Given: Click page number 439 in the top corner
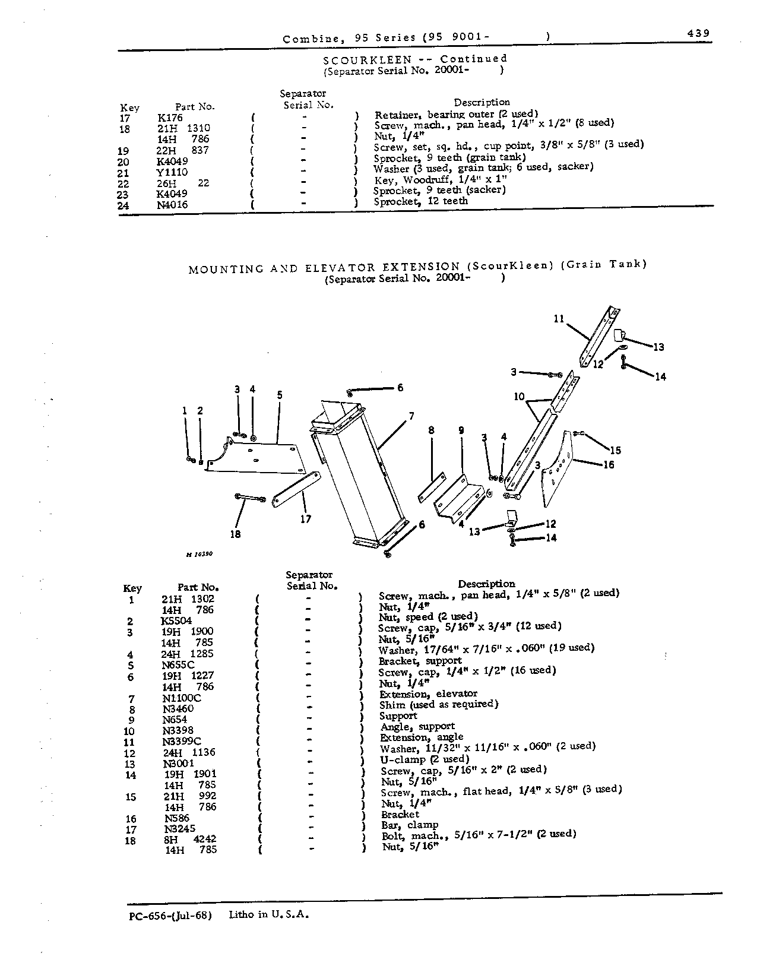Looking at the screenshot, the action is click(x=698, y=33).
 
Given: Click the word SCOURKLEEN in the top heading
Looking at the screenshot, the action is click(x=368, y=60).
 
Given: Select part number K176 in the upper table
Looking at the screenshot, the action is click(x=170, y=118).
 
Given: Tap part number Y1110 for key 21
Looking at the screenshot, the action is click(x=172, y=172).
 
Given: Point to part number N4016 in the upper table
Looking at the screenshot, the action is click(x=172, y=205).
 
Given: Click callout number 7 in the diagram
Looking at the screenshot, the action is click(x=411, y=416).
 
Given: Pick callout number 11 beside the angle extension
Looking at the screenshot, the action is click(x=559, y=319).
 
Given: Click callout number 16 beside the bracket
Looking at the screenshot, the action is click(x=609, y=465).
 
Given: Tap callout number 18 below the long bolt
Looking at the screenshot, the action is click(x=236, y=534).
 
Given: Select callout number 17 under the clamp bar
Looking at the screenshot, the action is click(x=306, y=519).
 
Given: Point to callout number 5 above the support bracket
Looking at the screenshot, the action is click(x=280, y=395).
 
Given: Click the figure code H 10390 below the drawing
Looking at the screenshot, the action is click(x=199, y=555).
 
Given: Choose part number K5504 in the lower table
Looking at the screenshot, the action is click(x=176, y=621).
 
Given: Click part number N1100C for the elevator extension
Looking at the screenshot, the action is click(x=182, y=698).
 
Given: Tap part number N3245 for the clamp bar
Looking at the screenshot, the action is click(x=180, y=829).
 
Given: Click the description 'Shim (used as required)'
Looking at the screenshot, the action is click(x=439, y=705).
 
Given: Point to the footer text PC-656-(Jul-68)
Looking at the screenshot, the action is click(x=170, y=916).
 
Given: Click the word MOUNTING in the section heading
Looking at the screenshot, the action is click(x=226, y=270).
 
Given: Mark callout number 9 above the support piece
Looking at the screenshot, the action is click(x=461, y=430).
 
